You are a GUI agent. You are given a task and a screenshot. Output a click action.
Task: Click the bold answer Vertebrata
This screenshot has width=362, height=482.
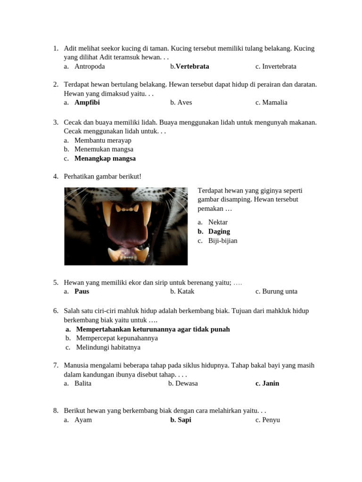tap(192, 66)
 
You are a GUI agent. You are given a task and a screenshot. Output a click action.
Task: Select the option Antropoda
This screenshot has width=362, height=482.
tap(90, 66)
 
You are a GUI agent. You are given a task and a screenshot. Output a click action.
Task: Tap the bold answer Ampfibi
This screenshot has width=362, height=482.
tap(87, 102)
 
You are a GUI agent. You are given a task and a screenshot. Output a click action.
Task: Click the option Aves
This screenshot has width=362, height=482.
tap(184, 102)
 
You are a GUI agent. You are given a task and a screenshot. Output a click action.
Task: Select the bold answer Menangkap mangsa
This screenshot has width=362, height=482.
tap(105, 158)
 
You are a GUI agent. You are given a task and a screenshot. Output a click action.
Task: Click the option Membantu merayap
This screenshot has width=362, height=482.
tap(103, 140)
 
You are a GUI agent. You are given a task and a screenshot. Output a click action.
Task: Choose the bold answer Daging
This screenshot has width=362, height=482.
tap(219, 231)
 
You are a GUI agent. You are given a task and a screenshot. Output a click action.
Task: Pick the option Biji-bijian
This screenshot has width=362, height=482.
tap(222, 241)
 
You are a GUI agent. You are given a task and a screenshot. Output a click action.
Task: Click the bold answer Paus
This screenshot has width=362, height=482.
tap(82, 291)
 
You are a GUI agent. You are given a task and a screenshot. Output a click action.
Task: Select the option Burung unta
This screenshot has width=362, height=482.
tap(280, 291)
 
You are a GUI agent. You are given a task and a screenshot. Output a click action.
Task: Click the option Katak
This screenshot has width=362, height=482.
tap(186, 291)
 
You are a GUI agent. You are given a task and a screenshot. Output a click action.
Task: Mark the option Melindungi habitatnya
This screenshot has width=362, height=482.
tap(107, 347)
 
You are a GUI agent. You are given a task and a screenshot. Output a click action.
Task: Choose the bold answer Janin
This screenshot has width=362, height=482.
tap(271, 383)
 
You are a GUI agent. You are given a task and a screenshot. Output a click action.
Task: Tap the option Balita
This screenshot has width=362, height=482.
tap(83, 383)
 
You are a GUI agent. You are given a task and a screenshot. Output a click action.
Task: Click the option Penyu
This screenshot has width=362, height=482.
tap(271, 419)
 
